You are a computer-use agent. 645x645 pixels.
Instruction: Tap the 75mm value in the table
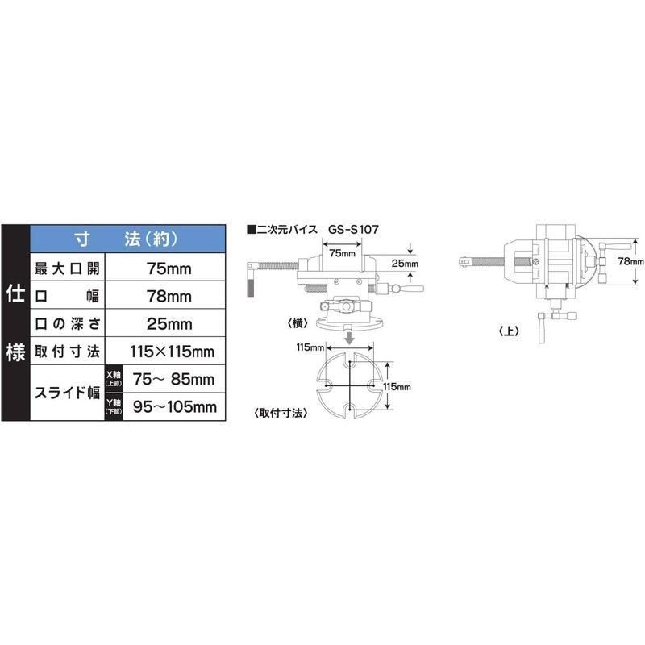[169, 268]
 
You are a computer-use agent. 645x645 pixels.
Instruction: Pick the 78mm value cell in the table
[169, 296]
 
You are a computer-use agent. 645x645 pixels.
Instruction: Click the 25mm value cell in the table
[169, 324]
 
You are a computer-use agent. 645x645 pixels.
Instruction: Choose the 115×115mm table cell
[169, 352]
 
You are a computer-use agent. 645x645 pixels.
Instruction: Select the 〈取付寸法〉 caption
[280, 413]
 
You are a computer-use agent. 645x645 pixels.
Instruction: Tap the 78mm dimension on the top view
[631, 262]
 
